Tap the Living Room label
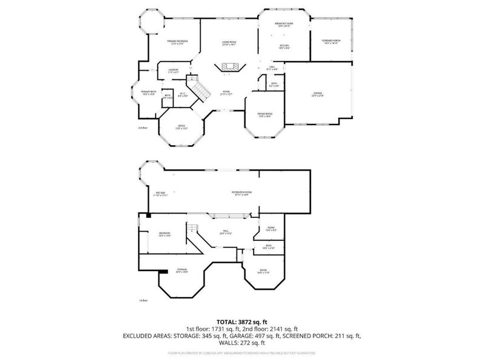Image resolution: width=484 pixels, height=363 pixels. click(229, 43)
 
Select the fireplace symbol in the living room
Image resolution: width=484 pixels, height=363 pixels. click(229, 67)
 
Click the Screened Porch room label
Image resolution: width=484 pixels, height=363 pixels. click(331, 42)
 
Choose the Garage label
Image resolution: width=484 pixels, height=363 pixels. click(317, 94)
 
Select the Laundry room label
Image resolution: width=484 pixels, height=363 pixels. click(173, 71)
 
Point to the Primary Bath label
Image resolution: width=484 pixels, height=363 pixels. click(148, 93)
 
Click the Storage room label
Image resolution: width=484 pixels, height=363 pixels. click(181, 270)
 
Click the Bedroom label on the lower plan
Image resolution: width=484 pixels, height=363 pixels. click(165, 235)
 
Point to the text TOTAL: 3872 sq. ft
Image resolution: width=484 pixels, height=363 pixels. click(241, 321)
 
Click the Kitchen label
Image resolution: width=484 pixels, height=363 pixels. click(284, 46)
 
